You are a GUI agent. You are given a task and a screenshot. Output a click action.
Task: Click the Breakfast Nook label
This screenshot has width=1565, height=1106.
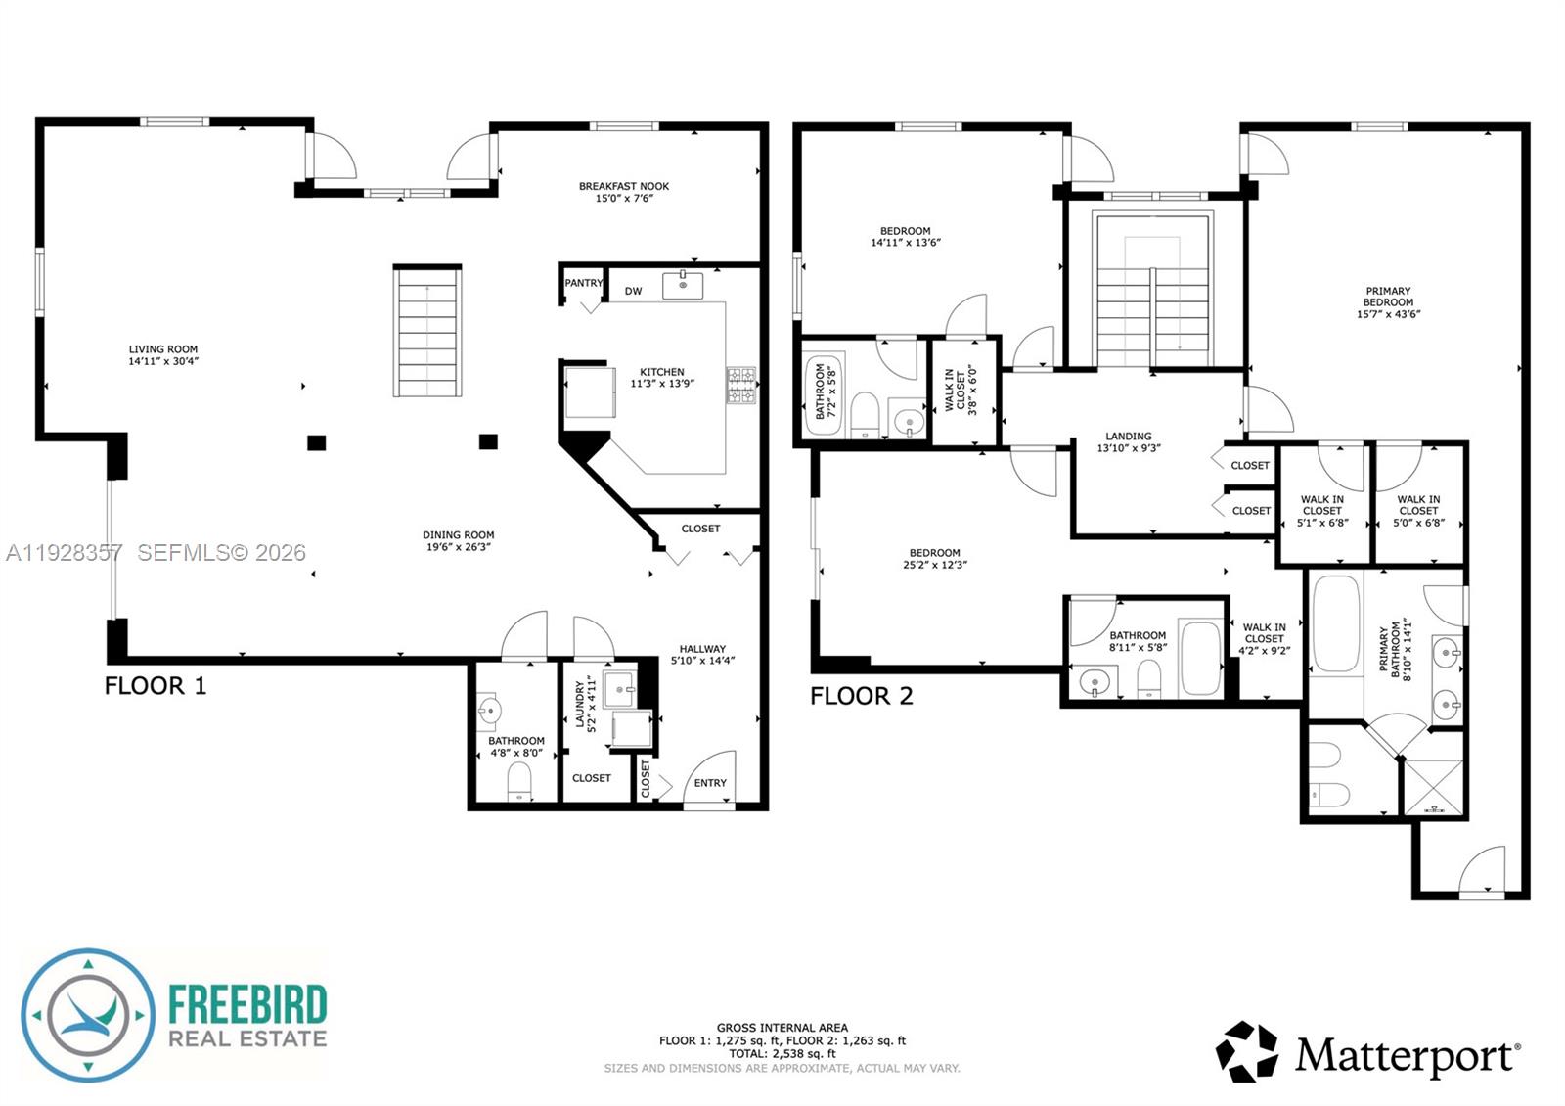click(x=624, y=186)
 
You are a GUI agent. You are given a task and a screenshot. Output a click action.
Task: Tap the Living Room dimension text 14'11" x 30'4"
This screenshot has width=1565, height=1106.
click(x=163, y=361)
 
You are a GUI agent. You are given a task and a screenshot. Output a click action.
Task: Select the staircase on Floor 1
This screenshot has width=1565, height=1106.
click(x=427, y=331)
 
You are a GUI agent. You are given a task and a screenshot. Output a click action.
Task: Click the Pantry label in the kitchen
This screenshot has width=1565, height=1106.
click(x=583, y=283)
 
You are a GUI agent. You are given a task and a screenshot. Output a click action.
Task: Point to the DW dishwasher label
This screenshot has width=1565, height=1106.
click(x=633, y=291)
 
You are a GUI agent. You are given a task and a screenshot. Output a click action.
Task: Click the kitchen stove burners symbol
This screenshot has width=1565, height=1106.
click(x=740, y=385)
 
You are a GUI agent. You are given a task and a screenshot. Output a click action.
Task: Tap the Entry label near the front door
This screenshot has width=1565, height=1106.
click(x=710, y=783)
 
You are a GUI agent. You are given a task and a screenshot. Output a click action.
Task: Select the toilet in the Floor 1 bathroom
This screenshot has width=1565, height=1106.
click(x=519, y=781)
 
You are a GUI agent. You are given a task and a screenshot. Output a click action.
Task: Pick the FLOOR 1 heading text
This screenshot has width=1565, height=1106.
click(x=156, y=685)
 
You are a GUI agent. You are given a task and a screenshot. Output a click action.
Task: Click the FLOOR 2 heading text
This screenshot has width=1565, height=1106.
click(x=861, y=696)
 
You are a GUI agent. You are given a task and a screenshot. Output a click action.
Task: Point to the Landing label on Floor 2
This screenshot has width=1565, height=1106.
click(x=1129, y=437)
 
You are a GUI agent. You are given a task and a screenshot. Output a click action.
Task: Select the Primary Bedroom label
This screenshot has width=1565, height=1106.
click(x=1388, y=297)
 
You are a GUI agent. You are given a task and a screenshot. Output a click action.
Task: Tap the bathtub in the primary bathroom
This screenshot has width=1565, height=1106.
click(x=1335, y=623)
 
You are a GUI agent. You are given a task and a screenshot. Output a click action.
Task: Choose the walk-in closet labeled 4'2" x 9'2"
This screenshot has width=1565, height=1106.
click(x=1265, y=639)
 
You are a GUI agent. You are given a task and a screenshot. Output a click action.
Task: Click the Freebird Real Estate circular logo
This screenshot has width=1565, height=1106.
click(x=88, y=1015)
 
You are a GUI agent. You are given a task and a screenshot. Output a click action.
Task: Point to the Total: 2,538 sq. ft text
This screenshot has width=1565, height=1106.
click(x=782, y=1054)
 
